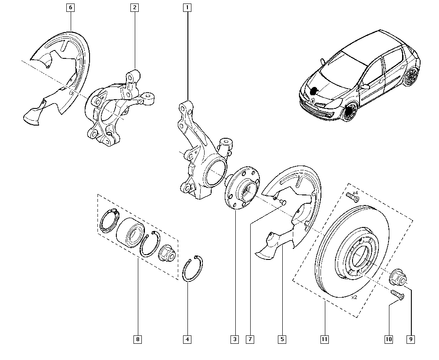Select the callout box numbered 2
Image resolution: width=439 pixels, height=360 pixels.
(x=134, y=7)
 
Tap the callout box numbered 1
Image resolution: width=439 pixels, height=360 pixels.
(x=188, y=7)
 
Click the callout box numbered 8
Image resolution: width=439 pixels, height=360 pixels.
(x=138, y=339)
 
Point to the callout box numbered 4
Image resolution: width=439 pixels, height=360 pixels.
(x=187, y=339)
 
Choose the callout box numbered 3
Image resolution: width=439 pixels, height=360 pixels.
(x=235, y=339)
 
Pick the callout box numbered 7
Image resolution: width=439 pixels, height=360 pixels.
(x=250, y=339)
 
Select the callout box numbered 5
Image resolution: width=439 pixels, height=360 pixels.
(x=282, y=339)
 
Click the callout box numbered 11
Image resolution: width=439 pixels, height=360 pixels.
(x=324, y=339)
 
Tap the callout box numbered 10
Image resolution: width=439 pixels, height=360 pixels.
(x=389, y=339)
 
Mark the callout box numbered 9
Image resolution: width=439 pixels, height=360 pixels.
(x=411, y=339)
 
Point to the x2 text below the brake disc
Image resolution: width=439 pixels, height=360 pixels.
(x=354, y=297)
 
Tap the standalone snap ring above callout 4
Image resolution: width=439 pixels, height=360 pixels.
(x=193, y=269)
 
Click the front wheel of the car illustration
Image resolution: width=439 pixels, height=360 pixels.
(x=350, y=112)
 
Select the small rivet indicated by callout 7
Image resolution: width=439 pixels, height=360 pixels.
(x=282, y=202)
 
